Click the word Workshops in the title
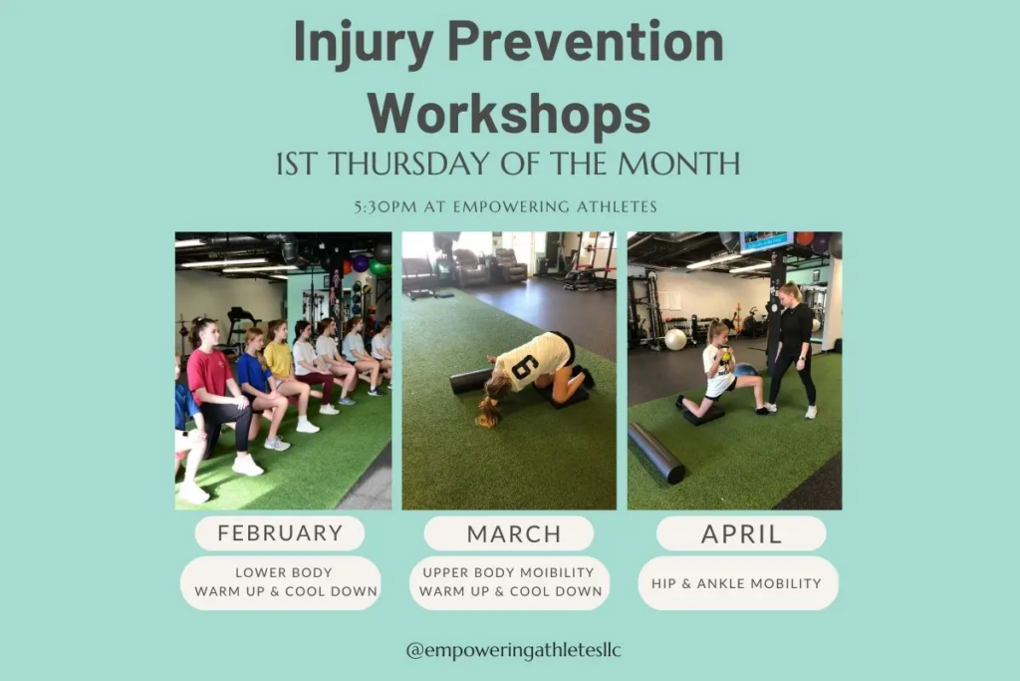click(x=509, y=114)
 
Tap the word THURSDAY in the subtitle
click(x=411, y=164)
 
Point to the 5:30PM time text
click(x=385, y=207)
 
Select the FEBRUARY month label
click(x=280, y=533)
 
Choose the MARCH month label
click(x=514, y=533)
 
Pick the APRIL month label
click(x=741, y=533)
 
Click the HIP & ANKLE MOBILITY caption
click(x=736, y=583)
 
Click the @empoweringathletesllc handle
click(x=513, y=650)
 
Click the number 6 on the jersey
click(x=524, y=368)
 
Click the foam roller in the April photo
click(x=656, y=453)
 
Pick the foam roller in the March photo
click(x=471, y=381)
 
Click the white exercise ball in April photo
click(x=675, y=339)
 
